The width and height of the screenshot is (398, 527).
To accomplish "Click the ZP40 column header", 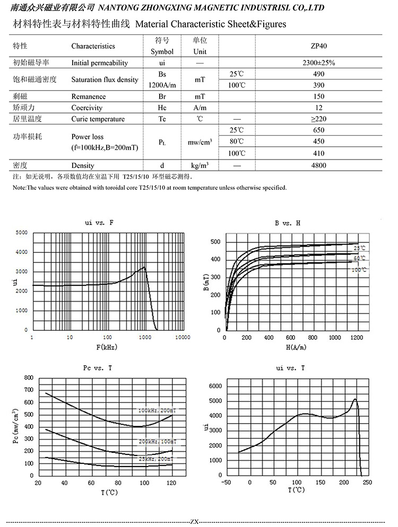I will click(318, 46).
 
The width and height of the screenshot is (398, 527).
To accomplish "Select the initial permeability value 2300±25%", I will click(318, 63).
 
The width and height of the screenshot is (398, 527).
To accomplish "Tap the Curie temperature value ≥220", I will click(318, 119).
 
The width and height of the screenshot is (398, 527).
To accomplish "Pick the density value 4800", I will click(318, 165).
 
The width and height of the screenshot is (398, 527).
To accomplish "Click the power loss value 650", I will click(318, 130).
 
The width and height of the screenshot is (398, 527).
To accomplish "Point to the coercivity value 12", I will click(318, 108).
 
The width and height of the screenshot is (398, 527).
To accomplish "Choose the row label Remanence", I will click(89, 96).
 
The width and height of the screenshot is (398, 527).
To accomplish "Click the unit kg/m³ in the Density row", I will click(200, 165).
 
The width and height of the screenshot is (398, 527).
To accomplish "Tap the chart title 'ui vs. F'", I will click(99, 223).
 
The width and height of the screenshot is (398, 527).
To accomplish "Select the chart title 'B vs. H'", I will click(288, 223).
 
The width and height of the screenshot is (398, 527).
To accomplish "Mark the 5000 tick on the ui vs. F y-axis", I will click(22, 233).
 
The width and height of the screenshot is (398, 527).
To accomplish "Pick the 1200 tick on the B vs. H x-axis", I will click(356, 337).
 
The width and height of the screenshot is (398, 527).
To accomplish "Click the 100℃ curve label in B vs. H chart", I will click(359, 270).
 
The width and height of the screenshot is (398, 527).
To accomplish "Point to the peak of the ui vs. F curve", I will click(144, 267).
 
